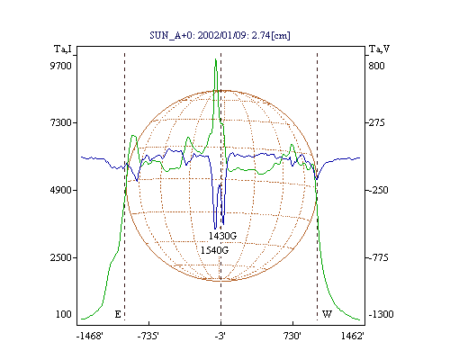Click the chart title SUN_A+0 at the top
point(220,35)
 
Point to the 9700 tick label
point(61,66)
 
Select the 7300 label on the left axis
point(61,122)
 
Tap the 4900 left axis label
point(61,190)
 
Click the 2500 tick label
point(61,257)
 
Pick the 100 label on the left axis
point(64,314)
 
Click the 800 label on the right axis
point(376,66)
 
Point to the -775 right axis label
point(378,257)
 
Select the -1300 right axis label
point(381,314)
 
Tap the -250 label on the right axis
point(378,190)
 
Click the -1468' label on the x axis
point(90,336)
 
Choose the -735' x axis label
point(148,336)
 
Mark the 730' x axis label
point(292,336)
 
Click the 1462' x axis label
point(353,336)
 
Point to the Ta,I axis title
point(63,49)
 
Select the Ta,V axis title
point(379,49)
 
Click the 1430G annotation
point(223,236)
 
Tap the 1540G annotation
point(215,250)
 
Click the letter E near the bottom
point(118,314)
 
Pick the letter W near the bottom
point(327,314)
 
